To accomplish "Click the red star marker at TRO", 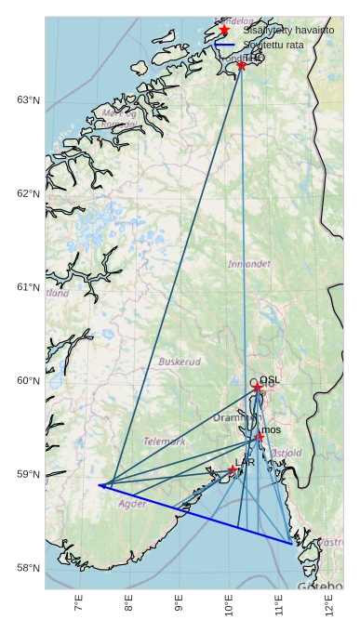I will [x=242, y=65].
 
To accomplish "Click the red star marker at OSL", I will [x=257, y=386].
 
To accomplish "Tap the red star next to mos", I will [x=260, y=436].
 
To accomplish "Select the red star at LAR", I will [x=233, y=469].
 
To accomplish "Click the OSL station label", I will [x=270, y=380].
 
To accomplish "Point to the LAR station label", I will [x=245, y=462].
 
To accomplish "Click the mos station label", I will [x=271, y=429].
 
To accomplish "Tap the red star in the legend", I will [x=224, y=30].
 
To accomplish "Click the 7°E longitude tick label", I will [x=78, y=608].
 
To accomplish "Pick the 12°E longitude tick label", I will [x=329, y=608].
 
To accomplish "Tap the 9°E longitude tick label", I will [x=179, y=608].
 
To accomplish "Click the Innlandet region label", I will [x=249, y=265].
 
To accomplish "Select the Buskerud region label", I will [x=180, y=362].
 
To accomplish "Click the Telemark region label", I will [x=164, y=442].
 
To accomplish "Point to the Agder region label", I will [x=132, y=504].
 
